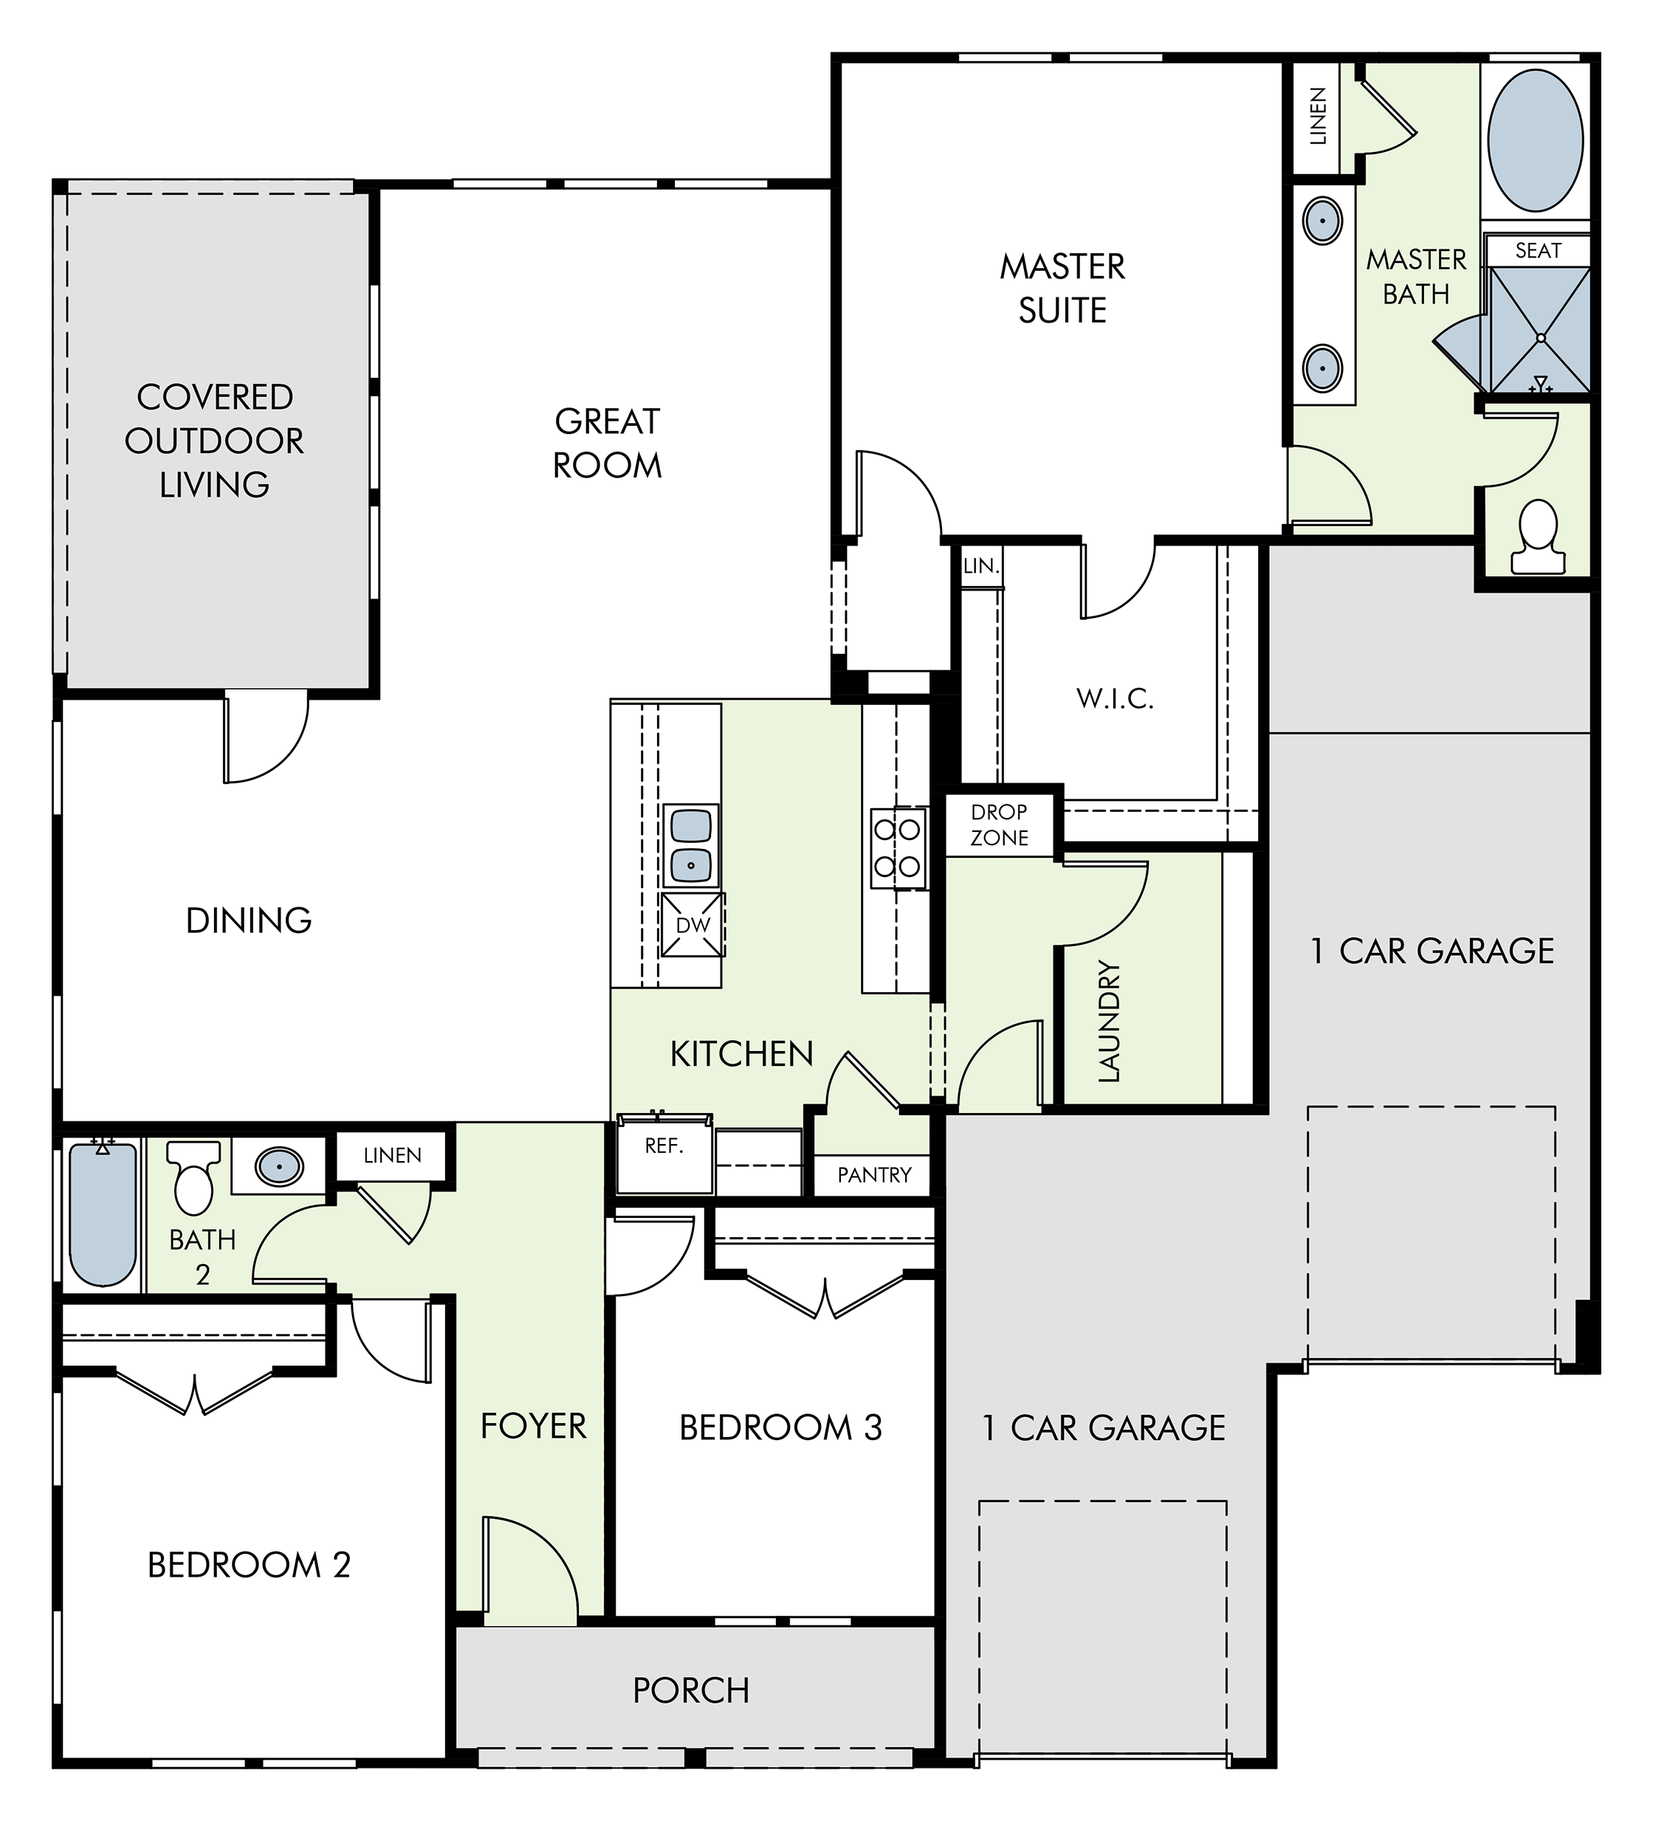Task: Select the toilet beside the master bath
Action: point(1537,537)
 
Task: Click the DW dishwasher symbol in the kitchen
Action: point(693,924)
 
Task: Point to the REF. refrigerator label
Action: point(663,1146)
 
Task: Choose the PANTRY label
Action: point(873,1175)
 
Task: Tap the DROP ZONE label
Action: point(999,825)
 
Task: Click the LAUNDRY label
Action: point(1107,1021)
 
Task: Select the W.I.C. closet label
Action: point(1115,698)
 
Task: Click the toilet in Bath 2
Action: point(194,1177)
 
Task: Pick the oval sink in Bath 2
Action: point(279,1166)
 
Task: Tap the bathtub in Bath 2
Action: point(103,1213)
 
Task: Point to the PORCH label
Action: point(691,1690)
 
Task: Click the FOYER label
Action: point(533,1426)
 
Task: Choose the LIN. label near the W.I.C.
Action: point(981,566)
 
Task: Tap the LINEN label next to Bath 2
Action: point(392,1155)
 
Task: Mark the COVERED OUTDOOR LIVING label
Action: point(214,441)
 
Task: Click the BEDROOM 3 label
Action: point(780,1427)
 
